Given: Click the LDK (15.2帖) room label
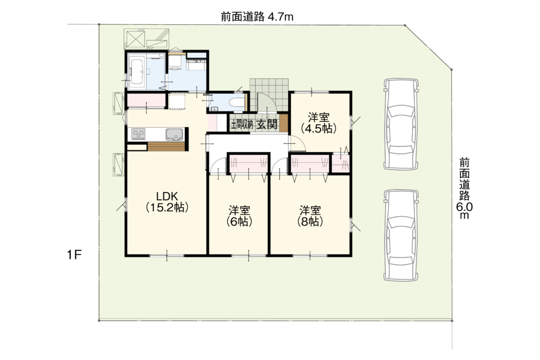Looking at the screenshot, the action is tap(167, 202).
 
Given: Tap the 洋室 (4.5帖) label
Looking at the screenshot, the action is tap(319, 123).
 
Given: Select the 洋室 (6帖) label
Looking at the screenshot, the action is tap(239, 216).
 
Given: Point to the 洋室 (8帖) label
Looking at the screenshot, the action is tap(310, 216).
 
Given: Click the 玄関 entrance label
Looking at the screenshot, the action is tap(267, 124).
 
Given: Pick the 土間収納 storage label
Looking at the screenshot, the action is tap(242, 124).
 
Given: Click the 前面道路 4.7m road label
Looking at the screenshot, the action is tap(257, 17).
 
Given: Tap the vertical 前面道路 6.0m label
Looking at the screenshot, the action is tap(464, 189).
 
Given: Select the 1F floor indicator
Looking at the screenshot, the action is tap(74, 255).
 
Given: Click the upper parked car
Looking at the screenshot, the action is tap(401, 124).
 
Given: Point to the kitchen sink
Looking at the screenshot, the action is tap(174, 134).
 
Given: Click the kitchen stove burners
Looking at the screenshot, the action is tap(139, 134).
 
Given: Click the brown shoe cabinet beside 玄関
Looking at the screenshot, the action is tap(283, 123).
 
